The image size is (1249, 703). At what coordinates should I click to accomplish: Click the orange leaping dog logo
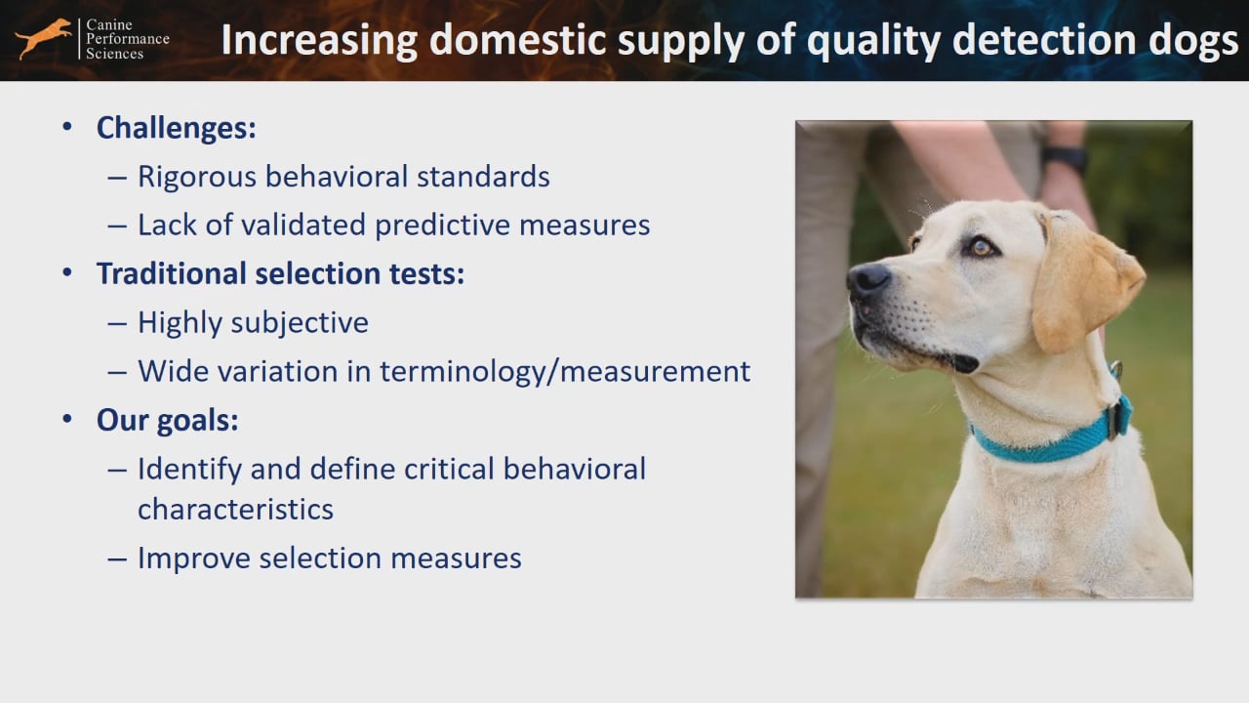[x=44, y=38]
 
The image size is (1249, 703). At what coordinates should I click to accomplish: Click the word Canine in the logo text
[x=109, y=24]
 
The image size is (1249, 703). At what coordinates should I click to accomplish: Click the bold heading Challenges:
[x=177, y=128]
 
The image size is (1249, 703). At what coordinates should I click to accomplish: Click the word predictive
[x=442, y=226]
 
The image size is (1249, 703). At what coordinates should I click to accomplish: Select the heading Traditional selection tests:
[x=280, y=273]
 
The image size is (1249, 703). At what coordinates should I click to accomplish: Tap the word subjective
[x=300, y=323]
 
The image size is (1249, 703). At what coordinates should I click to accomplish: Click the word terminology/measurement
[x=565, y=372]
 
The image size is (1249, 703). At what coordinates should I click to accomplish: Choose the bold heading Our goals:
[x=167, y=420]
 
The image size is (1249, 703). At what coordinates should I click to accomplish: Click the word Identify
[x=189, y=470]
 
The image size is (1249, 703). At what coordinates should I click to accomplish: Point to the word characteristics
[x=235, y=510]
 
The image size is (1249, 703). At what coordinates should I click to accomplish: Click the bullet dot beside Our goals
[x=67, y=419]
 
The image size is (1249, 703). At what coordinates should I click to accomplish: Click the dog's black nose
[x=868, y=279]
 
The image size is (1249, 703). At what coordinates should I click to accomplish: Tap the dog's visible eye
[x=982, y=247]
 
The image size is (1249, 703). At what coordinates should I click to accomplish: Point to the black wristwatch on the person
[x=1064, y=159]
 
